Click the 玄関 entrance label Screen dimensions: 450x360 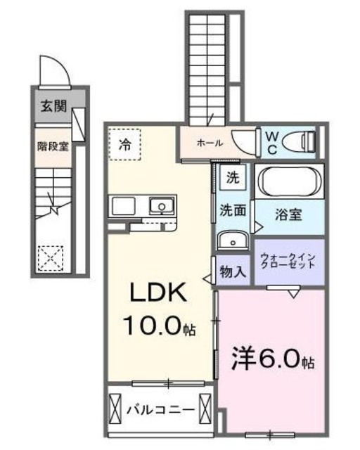[53, 107]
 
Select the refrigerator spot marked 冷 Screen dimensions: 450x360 [124, 146]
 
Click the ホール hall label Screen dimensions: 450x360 [210, 143]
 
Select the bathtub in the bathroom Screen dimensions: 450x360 [289, 182]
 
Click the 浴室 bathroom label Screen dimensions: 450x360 [289, 214]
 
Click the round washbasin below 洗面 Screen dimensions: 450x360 [231, 241]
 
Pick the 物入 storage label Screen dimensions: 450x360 [233, 271]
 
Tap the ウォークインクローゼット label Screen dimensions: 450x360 [288, 262]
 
